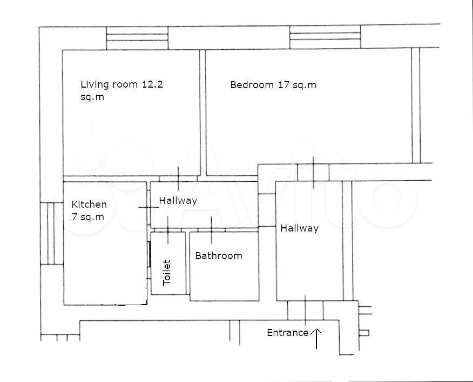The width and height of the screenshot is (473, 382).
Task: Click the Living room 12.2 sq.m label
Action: [x=121, y=90]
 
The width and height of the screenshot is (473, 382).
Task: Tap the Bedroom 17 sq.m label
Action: [x=273, y=84]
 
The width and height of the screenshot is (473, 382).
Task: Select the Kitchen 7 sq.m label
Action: [x=89, y=210]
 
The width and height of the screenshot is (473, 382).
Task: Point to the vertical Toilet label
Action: [x=167, y=272]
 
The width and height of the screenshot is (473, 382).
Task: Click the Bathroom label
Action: [x=219, y=256]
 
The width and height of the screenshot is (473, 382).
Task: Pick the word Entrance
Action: [x=288, y=333]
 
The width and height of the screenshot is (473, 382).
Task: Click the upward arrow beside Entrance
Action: [x=316, y=339]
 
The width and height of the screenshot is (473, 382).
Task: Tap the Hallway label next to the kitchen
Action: [x=178, y=201]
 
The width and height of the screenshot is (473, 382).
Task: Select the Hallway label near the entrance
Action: [x=299, y=228]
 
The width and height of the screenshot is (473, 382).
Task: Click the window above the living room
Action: [x=137, y=38]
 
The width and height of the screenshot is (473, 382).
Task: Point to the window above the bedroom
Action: [x=325, y=37]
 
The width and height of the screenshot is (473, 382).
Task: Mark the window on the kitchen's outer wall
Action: [x=52, y=233]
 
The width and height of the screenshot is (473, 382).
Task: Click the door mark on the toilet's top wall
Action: [x=168, y=230]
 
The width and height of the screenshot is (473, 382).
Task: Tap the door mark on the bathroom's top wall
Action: [x=211, y=230]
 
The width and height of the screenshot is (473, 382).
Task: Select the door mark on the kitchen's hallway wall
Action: [x=148, y=207]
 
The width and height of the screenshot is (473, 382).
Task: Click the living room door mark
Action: [x=178, y=179]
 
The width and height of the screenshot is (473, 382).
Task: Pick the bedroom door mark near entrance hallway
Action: [x=313, y=173]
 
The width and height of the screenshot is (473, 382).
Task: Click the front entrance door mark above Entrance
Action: [x=305, y=311]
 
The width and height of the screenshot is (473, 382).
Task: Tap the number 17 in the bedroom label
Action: [x=283, y=84]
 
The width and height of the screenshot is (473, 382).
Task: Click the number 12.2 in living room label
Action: [x=152, y=84]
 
